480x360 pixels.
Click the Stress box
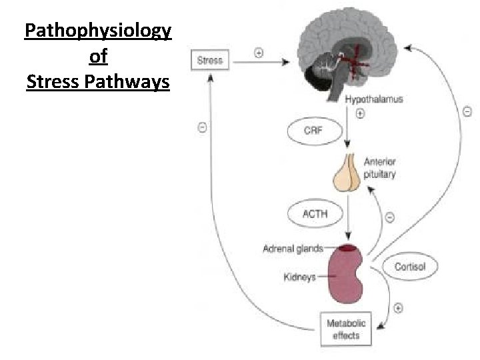pos(209,60)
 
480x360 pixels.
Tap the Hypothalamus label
pos(373,99)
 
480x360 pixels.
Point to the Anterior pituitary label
pos(379,168)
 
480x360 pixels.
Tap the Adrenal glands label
pos(293,249)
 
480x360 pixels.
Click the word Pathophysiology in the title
pos(97,31)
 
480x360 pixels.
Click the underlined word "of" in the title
pos(97,57)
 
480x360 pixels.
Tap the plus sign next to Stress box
pos(259,51)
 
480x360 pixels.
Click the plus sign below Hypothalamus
pos(360,113)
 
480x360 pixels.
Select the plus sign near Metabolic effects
pos(398,308)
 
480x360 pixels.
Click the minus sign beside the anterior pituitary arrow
pos(389,216)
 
